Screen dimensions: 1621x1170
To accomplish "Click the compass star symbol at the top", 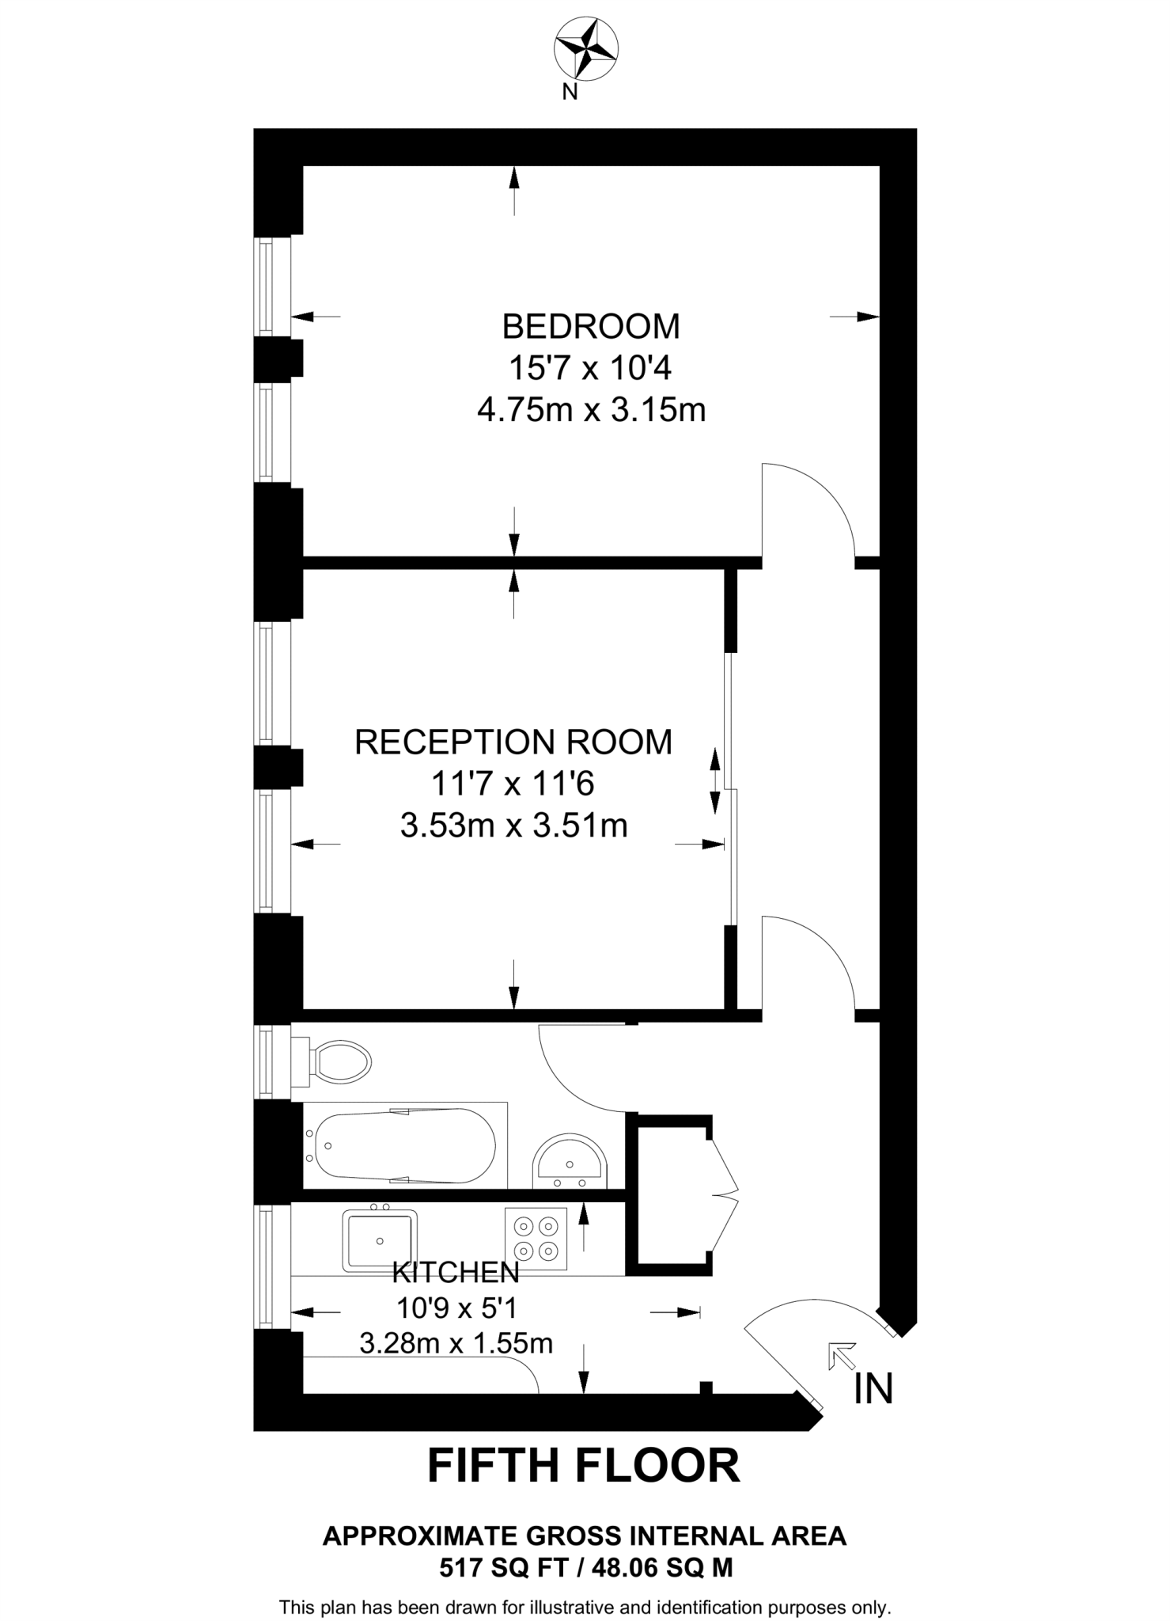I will pos(585,49).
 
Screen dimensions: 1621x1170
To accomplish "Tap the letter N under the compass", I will pos(569,93).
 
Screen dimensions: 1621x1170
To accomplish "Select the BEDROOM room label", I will pos(591,326).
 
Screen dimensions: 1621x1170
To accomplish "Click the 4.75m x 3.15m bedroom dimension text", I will pos(591,410).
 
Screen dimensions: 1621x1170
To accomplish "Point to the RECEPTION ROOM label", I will pos(513,742).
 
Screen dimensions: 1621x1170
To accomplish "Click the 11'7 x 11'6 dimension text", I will pos(513,784).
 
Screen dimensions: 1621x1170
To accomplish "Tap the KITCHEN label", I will pos(456,1272).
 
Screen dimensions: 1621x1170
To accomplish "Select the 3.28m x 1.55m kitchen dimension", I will pos(456,1343).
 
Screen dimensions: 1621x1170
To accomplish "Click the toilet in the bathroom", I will pos(336,1062).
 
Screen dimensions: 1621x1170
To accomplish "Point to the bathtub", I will pos(400,1145).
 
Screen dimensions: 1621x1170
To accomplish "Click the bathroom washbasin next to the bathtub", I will pos(570,1163).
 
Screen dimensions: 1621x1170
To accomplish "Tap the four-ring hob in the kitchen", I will pos(536,1239).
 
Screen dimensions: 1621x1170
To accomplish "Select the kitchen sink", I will pos(380,1240).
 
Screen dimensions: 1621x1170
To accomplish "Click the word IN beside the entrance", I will pos(873,1388).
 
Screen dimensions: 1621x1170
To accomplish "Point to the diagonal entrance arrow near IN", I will pos(842,1356).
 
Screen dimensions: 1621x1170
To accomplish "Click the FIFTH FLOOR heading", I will pos(584,1466).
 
